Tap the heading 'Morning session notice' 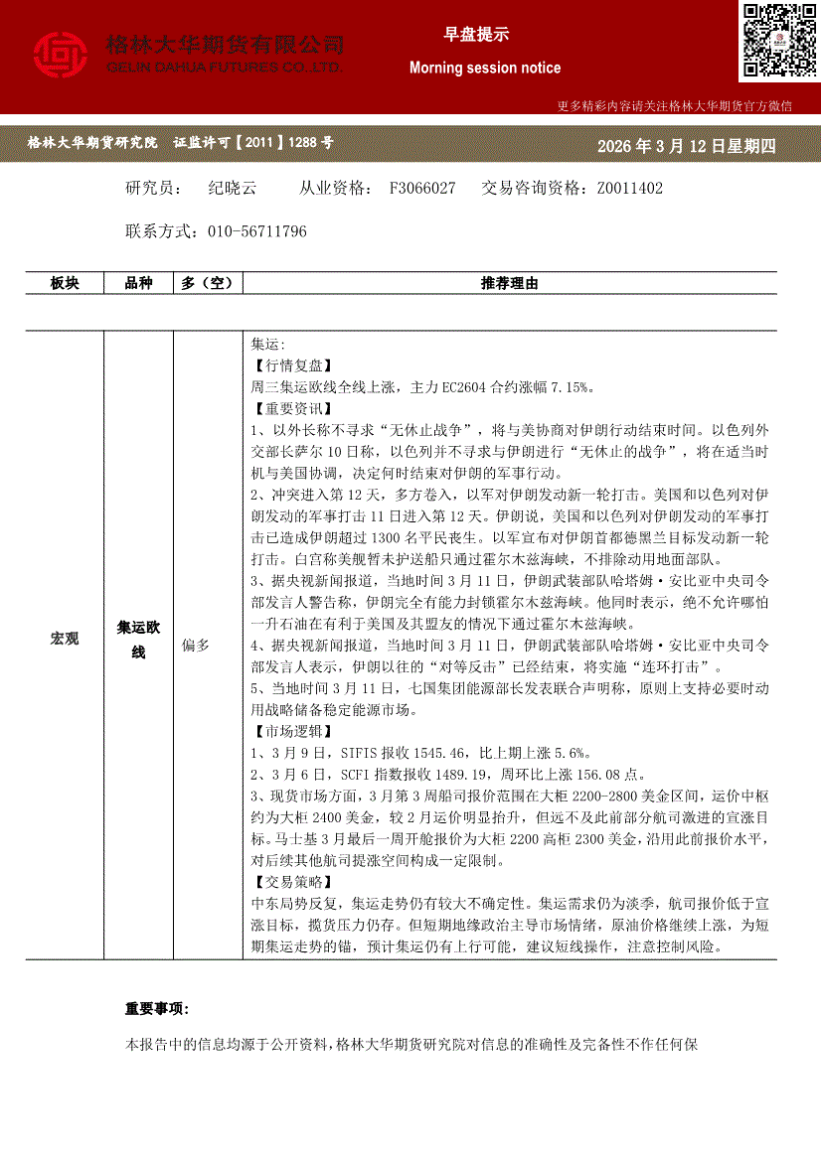tap(485, 68)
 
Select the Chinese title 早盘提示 tap(476, 34)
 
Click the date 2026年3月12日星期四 tap(686, 147)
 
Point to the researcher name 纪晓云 tap(233, 188)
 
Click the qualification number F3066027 tap(422, 188)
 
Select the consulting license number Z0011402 tap(629, 188)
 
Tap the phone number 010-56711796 tap(257, 231)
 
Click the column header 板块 tap(65, 284)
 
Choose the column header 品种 tap(138, 284)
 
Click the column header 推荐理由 tap(509, 284)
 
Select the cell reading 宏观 tap(65, 639)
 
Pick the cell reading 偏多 tap(196, 645)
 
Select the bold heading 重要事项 tap(156, 1008)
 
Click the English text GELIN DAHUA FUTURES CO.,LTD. tap(225, 67)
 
